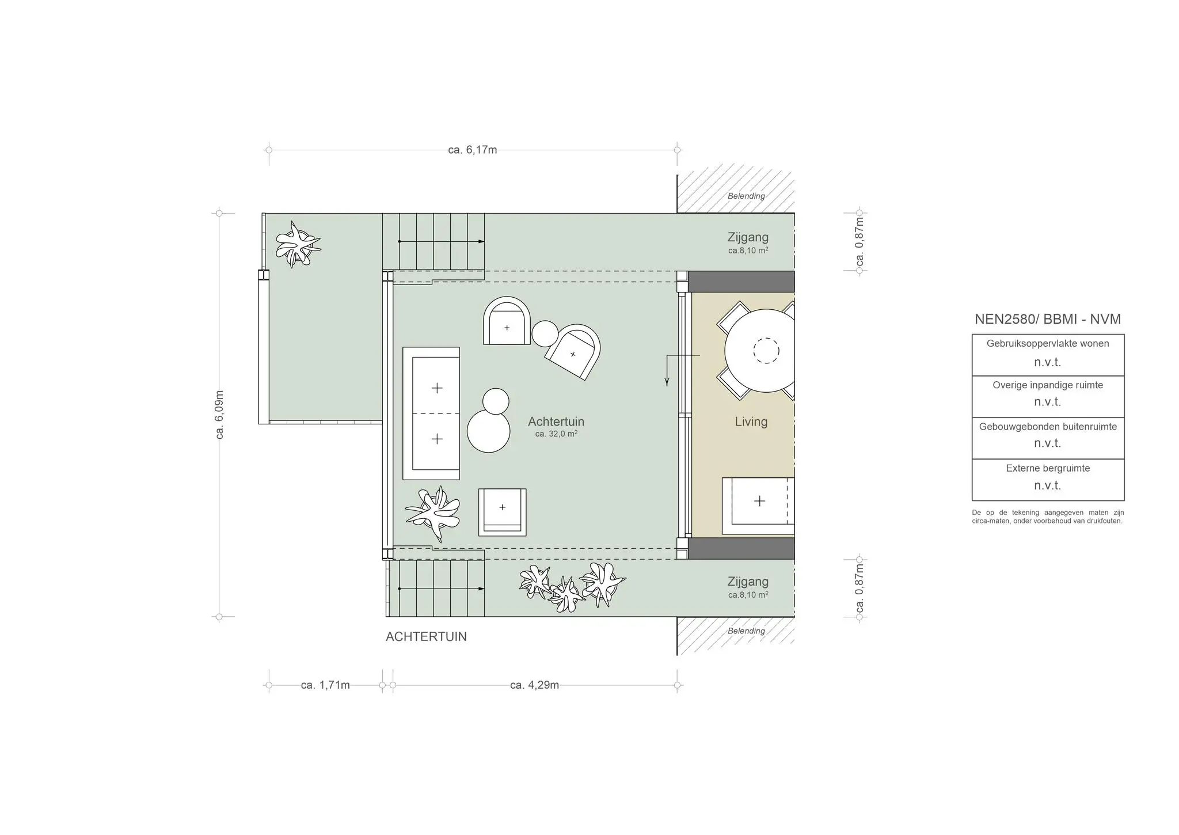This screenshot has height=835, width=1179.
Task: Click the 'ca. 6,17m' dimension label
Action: (x=472, y=150)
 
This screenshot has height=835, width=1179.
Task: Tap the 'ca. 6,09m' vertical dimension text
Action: (x=219, y=415)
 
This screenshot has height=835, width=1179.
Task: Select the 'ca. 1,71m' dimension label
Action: (x=325, y=685)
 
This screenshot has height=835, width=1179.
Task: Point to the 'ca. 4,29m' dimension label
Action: (x=534, y=685)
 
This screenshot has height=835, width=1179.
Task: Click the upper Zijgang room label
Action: (x=748, y=237)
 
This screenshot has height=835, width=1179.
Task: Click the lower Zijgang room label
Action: (x=748, y=582)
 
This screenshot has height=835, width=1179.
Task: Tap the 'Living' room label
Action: (x=751, y=422)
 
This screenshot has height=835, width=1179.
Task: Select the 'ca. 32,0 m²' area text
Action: (x=556, y=434)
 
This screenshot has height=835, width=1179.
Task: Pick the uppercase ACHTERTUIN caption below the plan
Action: (x=426, y=637)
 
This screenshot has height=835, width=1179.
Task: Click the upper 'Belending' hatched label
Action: (x=746, y=196)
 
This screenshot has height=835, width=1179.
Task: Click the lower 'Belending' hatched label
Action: (x=746, y=631)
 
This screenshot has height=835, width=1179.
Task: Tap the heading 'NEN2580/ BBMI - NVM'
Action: (x=1048, y=320)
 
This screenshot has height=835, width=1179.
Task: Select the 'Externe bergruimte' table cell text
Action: (x=1048, y=469)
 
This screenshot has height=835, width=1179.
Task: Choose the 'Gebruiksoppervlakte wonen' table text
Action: (x=1048, y=344)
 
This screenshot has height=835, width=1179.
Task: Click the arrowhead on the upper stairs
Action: (x=481, y=242)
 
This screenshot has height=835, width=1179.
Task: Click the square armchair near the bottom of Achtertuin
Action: (x=502, y=511)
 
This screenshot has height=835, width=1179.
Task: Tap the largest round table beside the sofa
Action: (x=489, y=431)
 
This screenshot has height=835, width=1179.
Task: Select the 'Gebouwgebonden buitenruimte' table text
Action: (x=1048, y=427)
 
